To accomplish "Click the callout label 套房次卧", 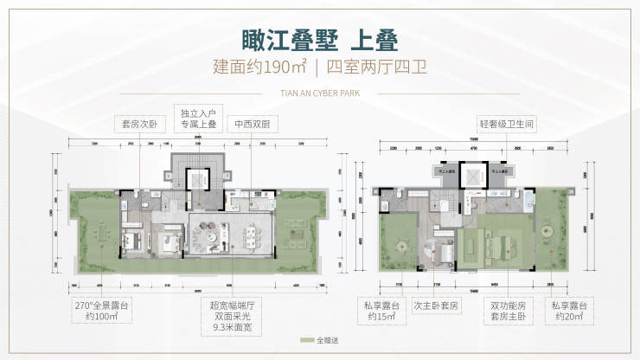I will coord(139,124).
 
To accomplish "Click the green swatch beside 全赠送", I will coord(307,341).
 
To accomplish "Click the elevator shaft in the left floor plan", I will coord(200,179).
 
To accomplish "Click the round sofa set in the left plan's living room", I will coord(209,235).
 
